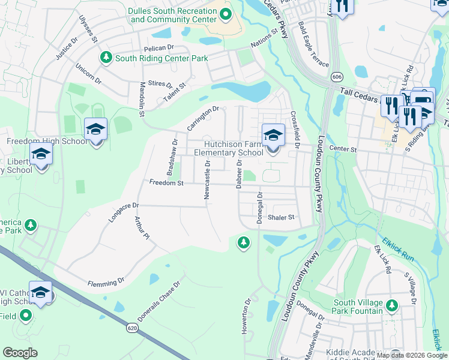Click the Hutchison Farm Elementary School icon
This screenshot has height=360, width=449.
[273, 135]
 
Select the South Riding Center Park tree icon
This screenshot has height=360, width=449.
[106, 58]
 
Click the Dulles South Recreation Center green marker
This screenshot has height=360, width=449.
[226, 14]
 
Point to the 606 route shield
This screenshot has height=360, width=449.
[337, 77]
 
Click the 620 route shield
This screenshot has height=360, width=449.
[133, 328]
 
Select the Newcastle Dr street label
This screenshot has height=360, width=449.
[206, 179]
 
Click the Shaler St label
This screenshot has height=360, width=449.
[282, 217]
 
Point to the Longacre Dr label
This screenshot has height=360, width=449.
[123, 212]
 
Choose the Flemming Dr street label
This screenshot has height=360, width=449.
[106, 281]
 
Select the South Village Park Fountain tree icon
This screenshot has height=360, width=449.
[391, 306]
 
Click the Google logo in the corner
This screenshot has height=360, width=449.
[20, 353]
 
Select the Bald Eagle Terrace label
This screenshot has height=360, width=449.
[314, 46]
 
